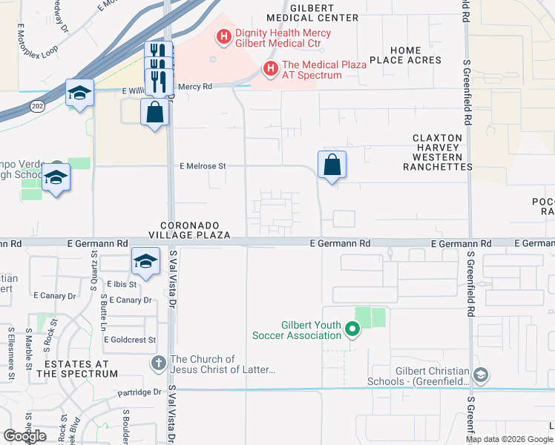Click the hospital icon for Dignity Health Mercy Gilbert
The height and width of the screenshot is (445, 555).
click(x=223, y=36)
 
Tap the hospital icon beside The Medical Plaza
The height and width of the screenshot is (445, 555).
click(x=271, y=70)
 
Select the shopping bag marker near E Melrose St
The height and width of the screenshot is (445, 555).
click(x=332, y=165)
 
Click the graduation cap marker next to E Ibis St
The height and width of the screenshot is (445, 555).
click(x=146, y=263)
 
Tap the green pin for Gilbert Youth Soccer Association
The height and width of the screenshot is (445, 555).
click(x=353, y=330)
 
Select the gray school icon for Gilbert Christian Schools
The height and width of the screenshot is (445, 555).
click(x=481, y=377)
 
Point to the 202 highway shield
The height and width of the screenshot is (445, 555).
click(x=37, y=106)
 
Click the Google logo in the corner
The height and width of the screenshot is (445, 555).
click(x=24, y=436)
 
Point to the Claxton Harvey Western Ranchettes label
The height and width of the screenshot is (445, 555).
click(x=437, y=153)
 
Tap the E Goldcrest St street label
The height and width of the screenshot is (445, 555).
click(x=130, y=340)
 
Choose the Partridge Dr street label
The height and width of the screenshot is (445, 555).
click(x=139, y=392)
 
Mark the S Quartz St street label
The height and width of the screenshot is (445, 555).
click(x=95, y=266)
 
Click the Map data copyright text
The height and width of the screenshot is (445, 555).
click(x=508, y=439)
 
